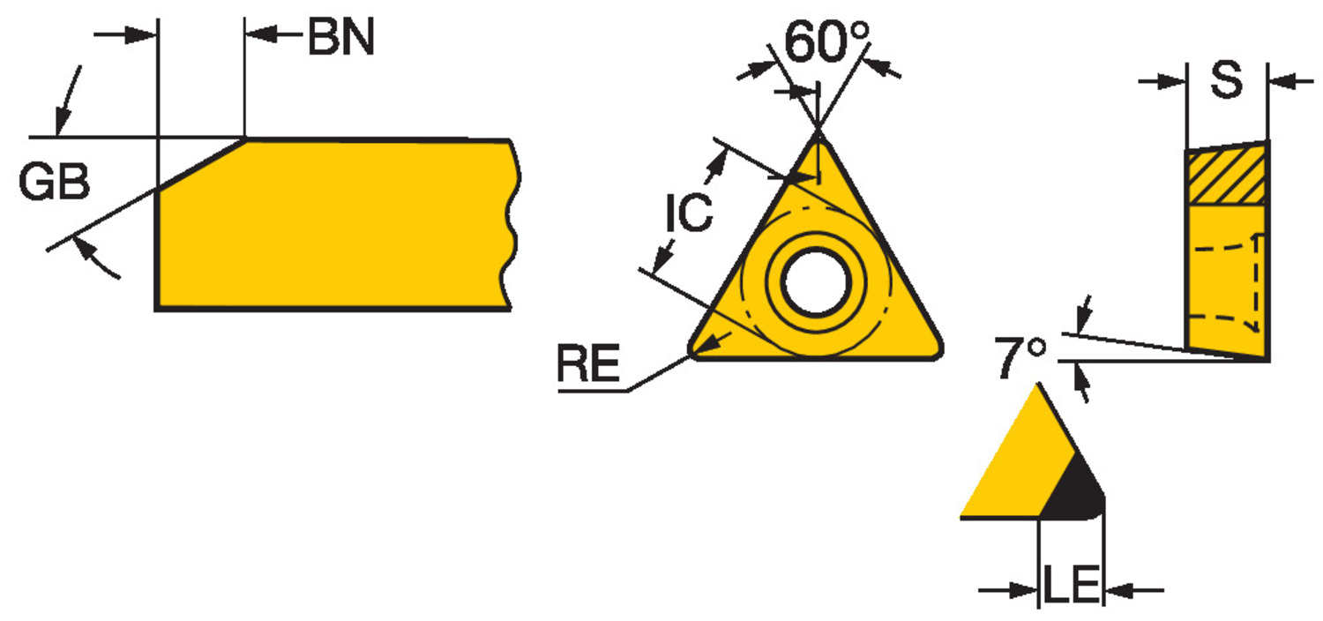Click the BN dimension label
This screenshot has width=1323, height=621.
pos(341,37)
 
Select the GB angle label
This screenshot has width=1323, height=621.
pos(55,182)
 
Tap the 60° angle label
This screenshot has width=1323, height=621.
pos(827,41)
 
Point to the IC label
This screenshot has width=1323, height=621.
pos(689,212)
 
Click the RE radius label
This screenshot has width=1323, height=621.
pos(588,363)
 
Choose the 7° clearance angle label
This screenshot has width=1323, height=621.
pos(1020,357)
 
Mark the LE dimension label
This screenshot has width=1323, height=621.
pos(1072,585)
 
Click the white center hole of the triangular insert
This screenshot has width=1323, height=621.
pos(816,281)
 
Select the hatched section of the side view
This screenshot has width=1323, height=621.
pos(1226,176)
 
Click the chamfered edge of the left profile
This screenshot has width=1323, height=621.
pos(201,164)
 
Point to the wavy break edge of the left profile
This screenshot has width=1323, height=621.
pos(512,225)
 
